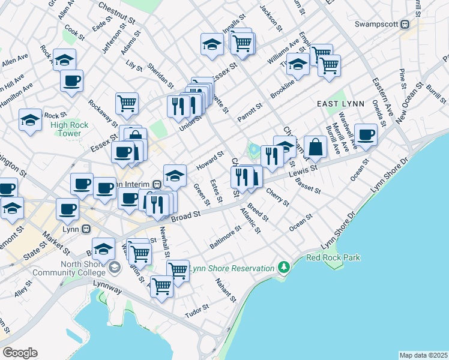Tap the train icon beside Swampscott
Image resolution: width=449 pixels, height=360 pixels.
click(405, 25)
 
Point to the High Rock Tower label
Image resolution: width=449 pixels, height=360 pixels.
click(70, 129)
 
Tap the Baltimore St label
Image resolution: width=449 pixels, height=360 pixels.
click(225, 237)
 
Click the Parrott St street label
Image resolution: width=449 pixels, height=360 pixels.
click(250, 111)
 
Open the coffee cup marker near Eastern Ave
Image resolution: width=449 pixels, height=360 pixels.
click(365, 134)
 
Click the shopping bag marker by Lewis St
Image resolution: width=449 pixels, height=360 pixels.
click(315, 146)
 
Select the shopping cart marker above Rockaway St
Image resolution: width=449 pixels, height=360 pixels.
click(127, 103)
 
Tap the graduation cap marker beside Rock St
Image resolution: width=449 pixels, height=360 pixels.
click(30, 119)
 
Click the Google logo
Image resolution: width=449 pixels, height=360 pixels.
click(20, 353)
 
